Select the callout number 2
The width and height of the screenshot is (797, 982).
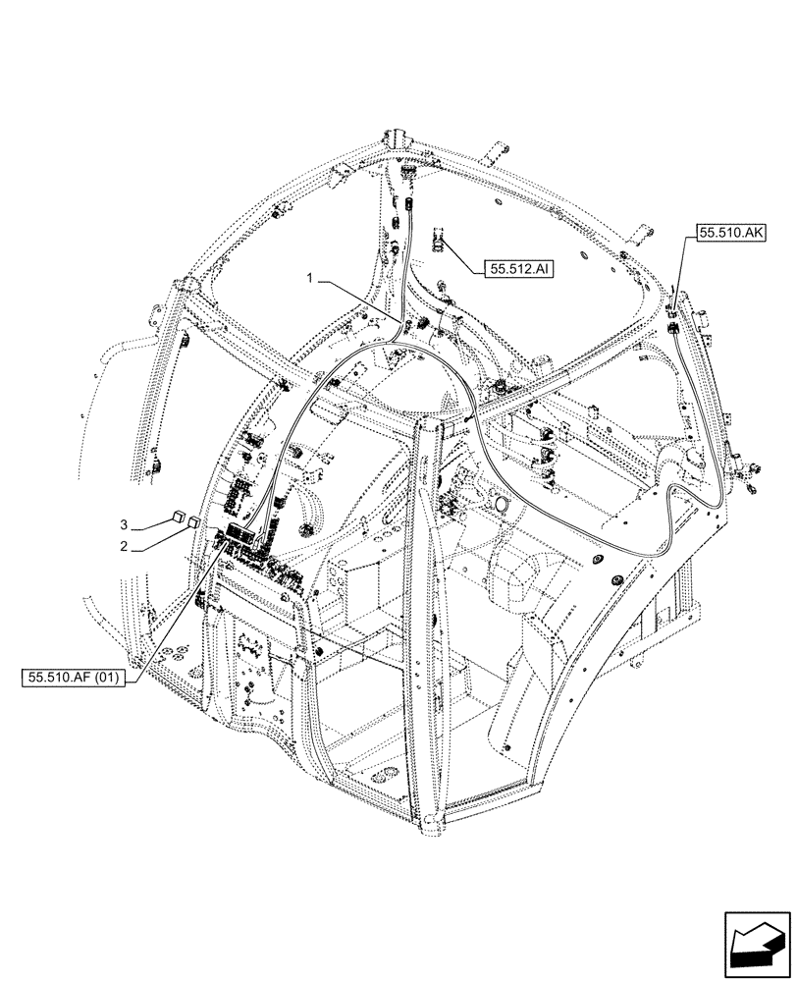[x=123, y=545]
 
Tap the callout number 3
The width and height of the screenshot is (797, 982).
[x=123, y=522]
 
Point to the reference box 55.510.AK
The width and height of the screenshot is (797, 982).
[x=732, y=233]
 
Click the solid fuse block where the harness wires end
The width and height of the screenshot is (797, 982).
[x=240, y=531]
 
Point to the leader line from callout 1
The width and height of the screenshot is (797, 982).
[x=358, y=299]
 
